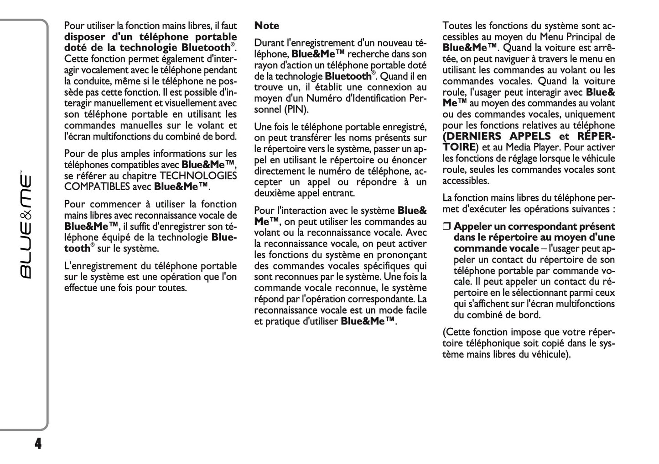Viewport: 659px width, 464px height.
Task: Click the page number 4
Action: tap(38, 443)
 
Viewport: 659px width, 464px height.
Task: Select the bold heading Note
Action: tap(267, 26)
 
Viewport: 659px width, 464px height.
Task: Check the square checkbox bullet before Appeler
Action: tap(446, 227)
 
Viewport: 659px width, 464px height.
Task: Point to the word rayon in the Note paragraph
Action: tap(266, 65)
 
